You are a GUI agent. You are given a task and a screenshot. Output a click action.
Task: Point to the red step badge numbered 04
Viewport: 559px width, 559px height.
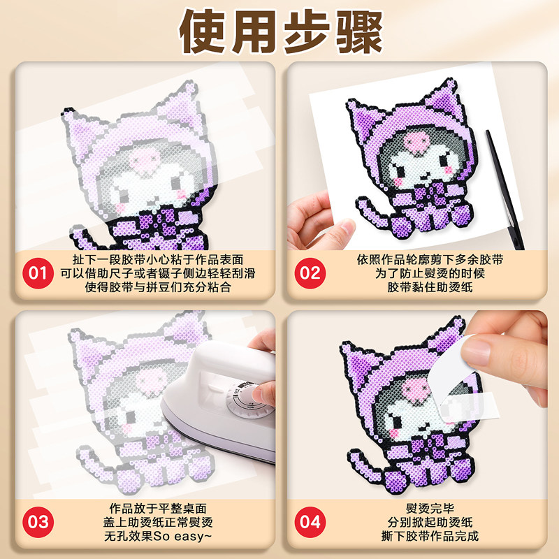(x=310, y=521)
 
